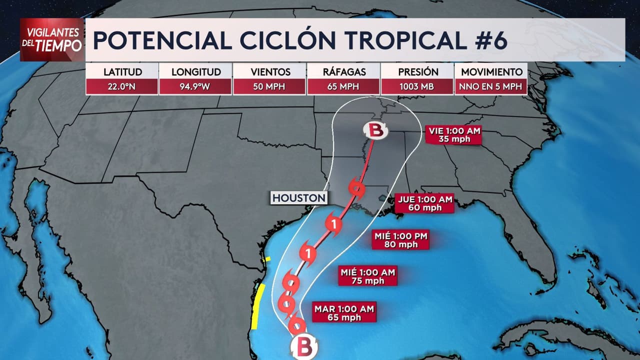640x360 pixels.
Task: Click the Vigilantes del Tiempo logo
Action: pos(51,39)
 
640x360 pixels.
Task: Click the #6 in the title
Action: pos(488,40)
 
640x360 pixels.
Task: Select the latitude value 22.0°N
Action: pos(122,86)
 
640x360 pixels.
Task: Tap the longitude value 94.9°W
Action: pos(195,86)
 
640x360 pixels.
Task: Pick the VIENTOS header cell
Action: pos(269,71)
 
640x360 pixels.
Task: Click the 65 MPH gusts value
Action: pos(343,86)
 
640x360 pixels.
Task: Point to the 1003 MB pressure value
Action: pos(417,86)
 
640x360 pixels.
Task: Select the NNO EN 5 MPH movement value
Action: pos(490,86)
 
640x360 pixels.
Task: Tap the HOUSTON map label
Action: pos(299,198)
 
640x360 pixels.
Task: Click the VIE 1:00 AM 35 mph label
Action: pos(454,135)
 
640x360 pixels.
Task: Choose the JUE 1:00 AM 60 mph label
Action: pos(425,203)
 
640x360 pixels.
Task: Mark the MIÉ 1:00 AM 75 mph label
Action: pos(367,276)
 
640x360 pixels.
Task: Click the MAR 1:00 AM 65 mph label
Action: pos(344,312)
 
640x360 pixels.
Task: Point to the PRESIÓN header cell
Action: pos(417,71)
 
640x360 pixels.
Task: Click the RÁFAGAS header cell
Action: pos(343,71)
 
